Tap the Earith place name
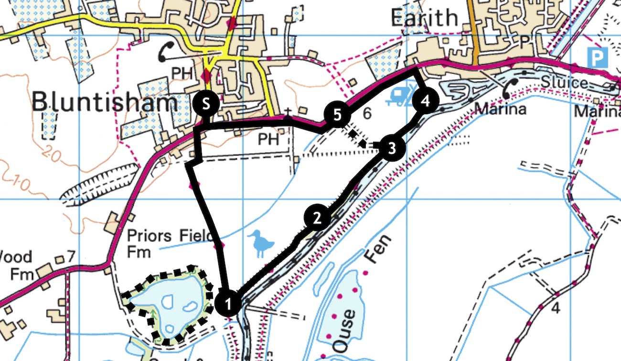tap(424, 18)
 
